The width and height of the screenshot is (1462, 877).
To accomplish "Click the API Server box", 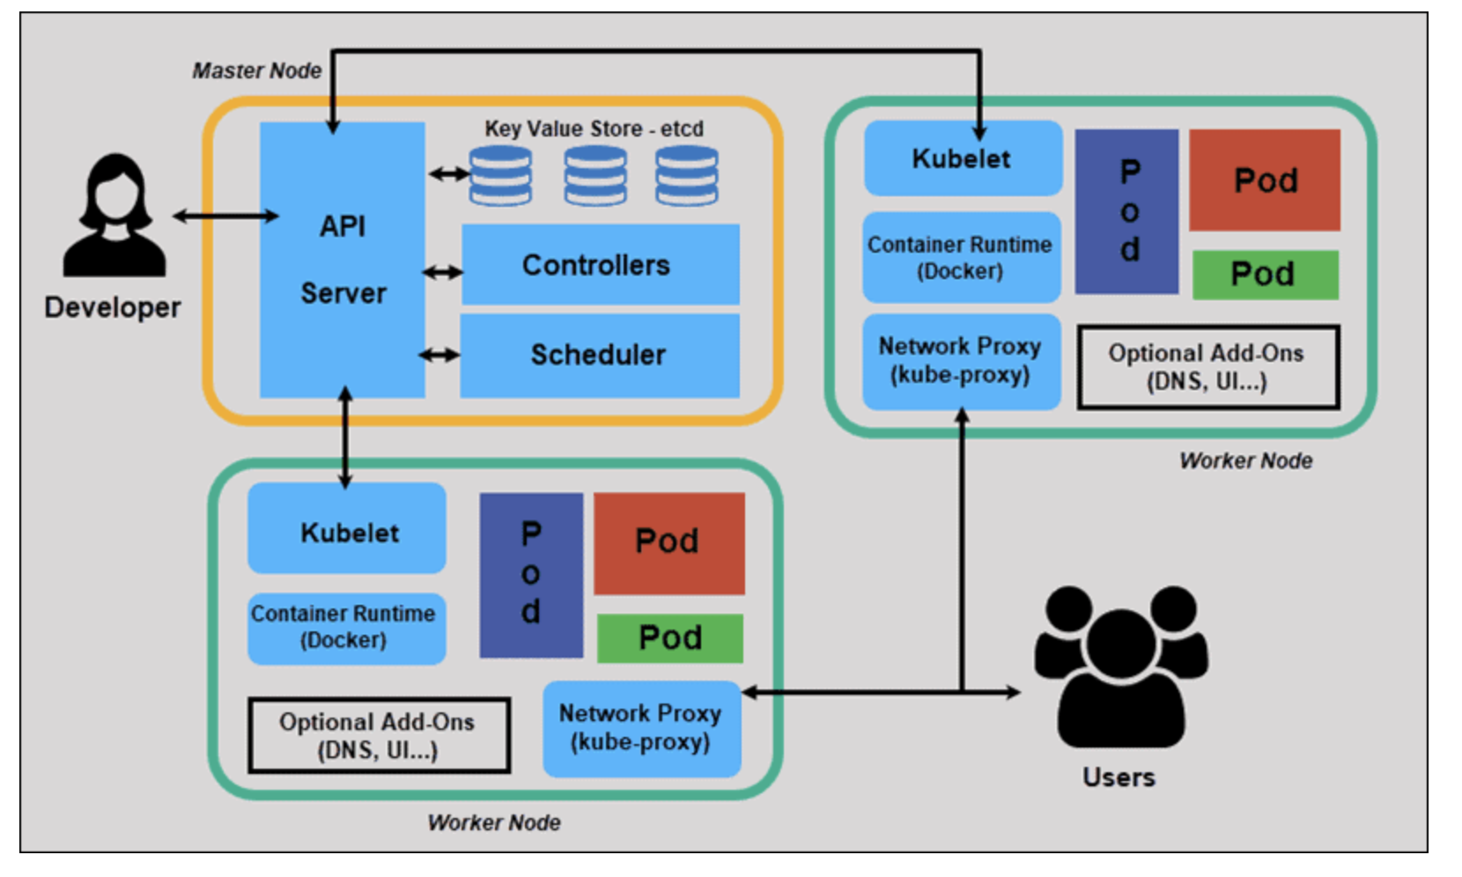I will click(342, 260).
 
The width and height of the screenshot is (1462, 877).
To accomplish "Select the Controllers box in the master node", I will click(600, 265).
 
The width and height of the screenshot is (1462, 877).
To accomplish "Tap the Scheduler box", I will click(600, 356).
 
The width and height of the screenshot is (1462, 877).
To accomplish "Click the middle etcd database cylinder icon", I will click(595, 175).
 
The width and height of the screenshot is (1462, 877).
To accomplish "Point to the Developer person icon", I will click(114, 217).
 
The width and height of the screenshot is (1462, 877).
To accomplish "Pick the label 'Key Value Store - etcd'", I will click(594, 129).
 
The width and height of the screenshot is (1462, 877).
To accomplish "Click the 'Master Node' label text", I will click(256, 70).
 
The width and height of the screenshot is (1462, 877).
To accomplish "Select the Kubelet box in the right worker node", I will click(963, 158).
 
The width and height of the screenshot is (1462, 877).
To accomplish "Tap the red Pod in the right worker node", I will click(1265, 181).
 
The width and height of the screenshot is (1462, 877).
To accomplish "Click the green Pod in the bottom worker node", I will click(670, 638).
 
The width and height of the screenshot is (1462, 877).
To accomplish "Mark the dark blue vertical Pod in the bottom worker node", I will click(531, 575).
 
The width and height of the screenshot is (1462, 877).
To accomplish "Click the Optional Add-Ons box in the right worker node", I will click(1208, 367).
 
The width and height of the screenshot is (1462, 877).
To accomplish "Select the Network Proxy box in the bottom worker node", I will click(641, 728).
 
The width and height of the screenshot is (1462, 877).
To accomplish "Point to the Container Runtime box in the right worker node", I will click(961, 257).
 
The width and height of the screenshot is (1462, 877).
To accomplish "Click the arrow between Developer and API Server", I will click(225, 216).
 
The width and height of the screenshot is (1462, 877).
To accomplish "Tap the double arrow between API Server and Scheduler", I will click(439, 356).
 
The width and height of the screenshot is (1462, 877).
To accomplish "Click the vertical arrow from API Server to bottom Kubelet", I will click(345, 438).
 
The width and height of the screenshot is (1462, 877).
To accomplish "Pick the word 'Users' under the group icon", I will click(1119, 778).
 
